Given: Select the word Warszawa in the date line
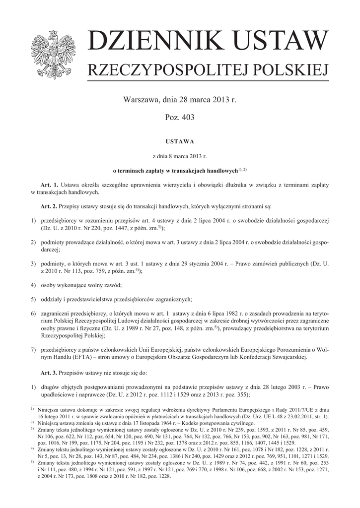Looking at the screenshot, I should point(141,100).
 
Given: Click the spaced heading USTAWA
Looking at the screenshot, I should point(180,141).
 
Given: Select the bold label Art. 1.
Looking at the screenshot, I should point(50,185).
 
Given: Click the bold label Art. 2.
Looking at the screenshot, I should point(50,205).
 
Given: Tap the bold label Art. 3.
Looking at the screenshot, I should point(50,372).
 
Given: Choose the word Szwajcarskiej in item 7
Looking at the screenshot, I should point(288,357).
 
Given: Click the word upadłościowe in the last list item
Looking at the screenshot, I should point(61,394).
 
